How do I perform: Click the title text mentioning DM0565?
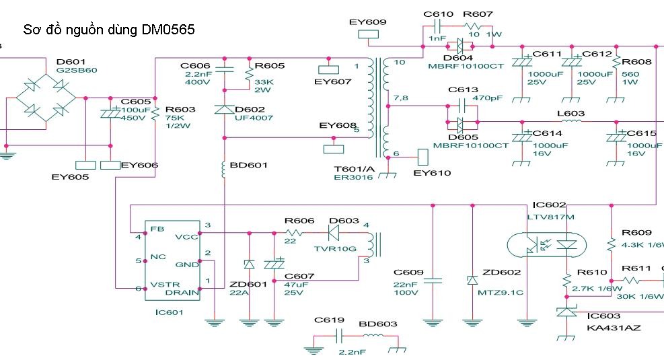(x=109, y=30)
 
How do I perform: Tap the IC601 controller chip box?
(x=175, y=260)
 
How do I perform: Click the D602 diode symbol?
(x=224, y=110)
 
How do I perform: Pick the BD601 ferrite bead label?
(x=248, y=165)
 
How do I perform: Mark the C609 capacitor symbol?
(x=433, y=281)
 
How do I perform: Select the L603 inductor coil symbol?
(x=570, y=122)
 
